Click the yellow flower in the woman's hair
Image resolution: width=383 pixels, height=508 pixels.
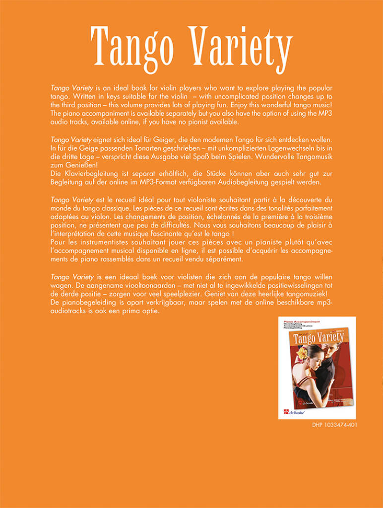[x=301, y=353]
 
